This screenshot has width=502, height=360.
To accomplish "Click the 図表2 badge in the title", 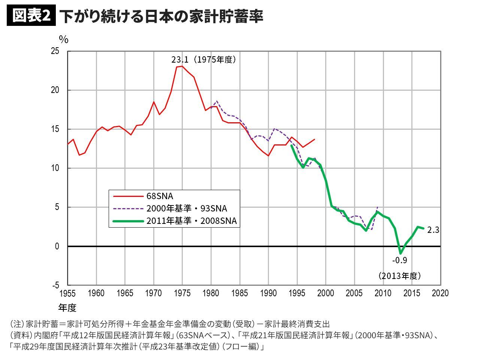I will point(31,16).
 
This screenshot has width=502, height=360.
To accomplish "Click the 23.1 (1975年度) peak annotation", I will point(203,60).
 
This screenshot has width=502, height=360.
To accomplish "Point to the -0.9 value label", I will point(399,260).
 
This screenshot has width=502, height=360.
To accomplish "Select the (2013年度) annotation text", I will point(399,276).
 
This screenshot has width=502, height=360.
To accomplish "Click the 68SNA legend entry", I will point(160,196).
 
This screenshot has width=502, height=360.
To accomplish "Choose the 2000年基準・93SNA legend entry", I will point(187,208).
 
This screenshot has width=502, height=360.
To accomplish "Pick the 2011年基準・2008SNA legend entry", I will point(191,221).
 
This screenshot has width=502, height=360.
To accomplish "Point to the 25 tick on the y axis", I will point(55,51).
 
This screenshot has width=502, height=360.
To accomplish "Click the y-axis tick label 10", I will point(55,168).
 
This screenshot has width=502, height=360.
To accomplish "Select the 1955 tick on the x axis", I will point(67,293).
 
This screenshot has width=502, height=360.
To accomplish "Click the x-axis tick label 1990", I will point(268,293).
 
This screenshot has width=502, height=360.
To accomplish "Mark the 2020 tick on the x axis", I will point(440,293).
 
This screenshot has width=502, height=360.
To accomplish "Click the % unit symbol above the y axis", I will point(64,39).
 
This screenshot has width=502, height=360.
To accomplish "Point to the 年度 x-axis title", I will point(67,308).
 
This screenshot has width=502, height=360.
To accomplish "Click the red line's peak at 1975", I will point(182,66).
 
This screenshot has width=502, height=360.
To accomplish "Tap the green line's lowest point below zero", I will point(400,253).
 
